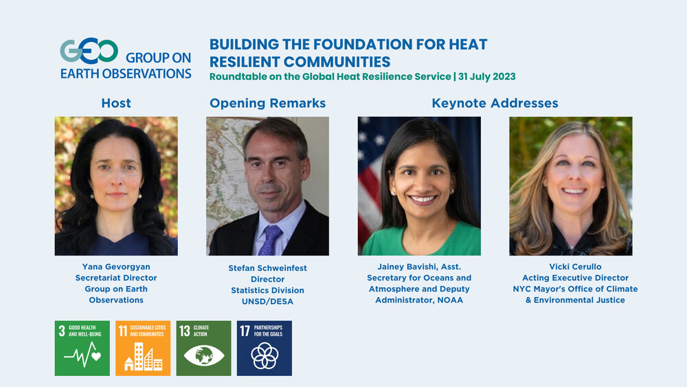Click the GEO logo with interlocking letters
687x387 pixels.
[89, 51]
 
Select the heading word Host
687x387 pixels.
[116, 103]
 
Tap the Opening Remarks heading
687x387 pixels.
[268, 103]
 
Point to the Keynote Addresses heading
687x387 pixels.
[495, 103]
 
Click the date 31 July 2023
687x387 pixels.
[487, 77]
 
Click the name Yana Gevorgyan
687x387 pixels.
[116, 267]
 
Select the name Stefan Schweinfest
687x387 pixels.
[268, 268]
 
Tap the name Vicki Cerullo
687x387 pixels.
[575, 267]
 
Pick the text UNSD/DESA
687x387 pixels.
[268, 302]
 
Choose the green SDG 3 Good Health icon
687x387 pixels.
[82, 348]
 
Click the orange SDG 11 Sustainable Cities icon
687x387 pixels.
[143, 348]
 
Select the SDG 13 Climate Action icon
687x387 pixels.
[204, 348]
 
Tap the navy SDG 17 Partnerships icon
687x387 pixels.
[264, 348]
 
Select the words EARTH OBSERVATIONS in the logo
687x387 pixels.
[126, 74]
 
